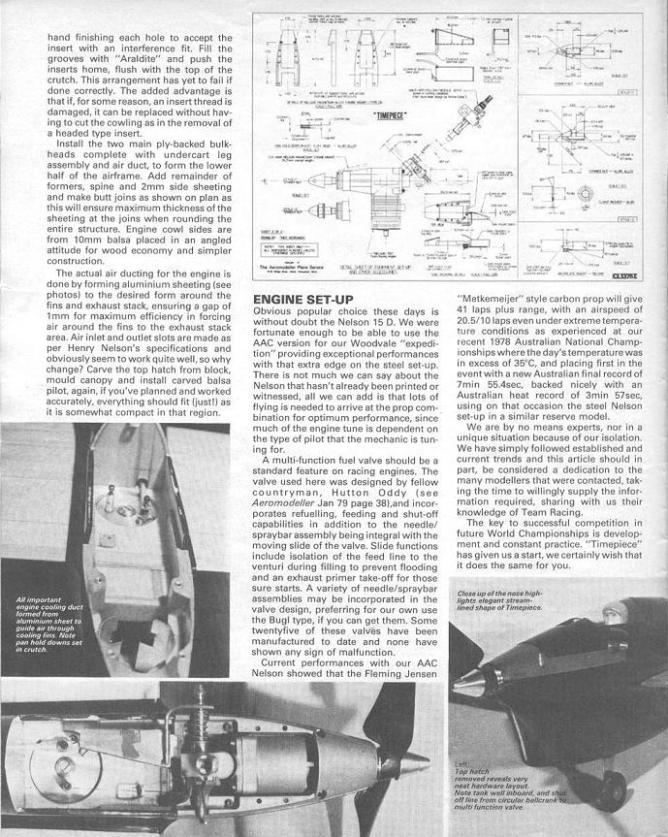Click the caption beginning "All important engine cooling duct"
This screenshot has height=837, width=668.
pyautogui.click(x=48, y=629)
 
